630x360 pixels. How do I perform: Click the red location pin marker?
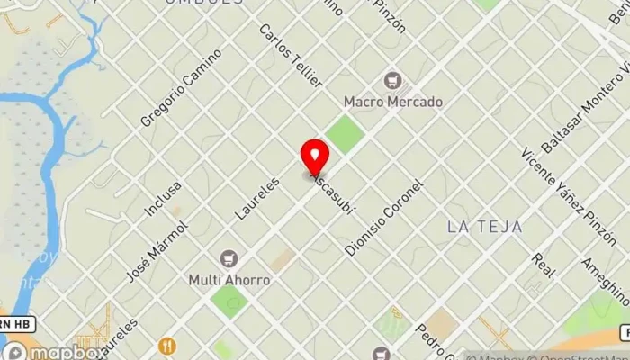click(x=314, y=157)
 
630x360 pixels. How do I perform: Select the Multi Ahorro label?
click(x=229, y=280)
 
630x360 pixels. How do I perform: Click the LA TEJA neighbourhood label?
click(x=484, y=227)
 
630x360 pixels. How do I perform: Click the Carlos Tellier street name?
click(x=291, y=55)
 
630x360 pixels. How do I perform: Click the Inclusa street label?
click(x=163, y=199)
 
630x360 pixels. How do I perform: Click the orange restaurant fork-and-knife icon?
click(x=166, y=346)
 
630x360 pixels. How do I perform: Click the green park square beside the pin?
click(x=345, y=135)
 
